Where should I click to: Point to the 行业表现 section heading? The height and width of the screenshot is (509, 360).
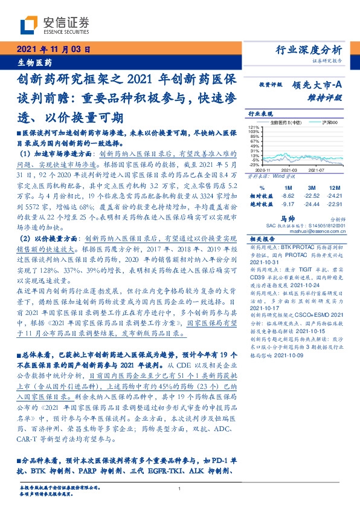(x=260, y=113)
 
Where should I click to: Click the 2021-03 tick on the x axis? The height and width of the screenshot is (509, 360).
(x=289, y=171)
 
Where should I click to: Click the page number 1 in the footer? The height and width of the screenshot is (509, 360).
(x=180, y=489)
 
